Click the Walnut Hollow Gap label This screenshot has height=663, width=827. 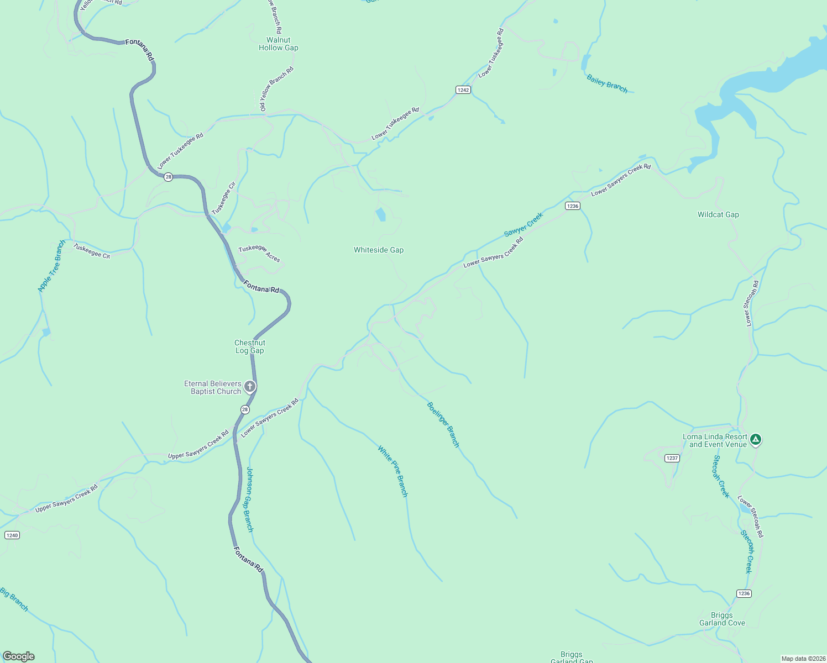coord(278,44)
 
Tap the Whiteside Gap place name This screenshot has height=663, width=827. coord(379,250)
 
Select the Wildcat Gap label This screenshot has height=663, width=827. coord(718,214)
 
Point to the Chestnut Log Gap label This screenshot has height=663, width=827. coord(250,346)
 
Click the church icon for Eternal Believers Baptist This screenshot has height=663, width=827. coord(250,386)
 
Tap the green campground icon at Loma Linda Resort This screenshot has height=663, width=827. coord(756,440)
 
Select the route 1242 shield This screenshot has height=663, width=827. coord(463,90)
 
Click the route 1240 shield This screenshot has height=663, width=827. coord(12,535)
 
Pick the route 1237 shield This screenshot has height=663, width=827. coord(672,458)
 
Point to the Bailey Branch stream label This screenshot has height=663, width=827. coord(607,84)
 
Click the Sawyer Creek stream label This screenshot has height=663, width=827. coord(524,225)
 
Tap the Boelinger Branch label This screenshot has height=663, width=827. coord(443,424)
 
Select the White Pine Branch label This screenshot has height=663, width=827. coord(392,471)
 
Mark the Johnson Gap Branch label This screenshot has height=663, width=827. coord(249,499)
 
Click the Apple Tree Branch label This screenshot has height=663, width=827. coord(51,266)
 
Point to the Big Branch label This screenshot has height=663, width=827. coord(14,599)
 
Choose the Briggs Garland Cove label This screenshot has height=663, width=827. coord(722,619)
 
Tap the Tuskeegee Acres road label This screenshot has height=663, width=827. coord(259,254)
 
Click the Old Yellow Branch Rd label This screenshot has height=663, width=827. coord(277,89)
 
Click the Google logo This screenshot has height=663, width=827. coord(19,656)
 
